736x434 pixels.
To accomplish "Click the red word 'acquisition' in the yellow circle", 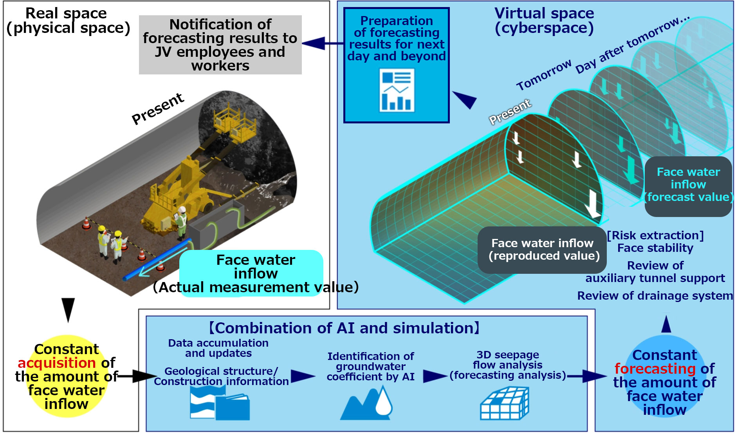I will pos(57,363).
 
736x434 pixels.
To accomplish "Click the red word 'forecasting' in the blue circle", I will pos(655,369).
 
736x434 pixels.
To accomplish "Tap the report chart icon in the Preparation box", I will pos(397,90).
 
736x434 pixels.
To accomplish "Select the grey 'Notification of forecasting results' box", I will pos(220,45).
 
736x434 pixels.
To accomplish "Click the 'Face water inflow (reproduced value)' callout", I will pos(542,250).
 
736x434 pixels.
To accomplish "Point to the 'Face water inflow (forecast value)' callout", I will pos(688,185).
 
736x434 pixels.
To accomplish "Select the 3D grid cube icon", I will pos(504,403).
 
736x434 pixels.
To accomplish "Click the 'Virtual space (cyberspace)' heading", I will pos(544,20).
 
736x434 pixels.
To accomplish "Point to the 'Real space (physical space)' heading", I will pos(67,20).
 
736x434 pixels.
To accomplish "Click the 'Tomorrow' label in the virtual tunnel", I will pos(544,75).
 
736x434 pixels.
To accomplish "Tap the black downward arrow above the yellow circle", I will pos(68,309).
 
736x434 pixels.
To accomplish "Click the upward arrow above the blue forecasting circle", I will pos(666,324).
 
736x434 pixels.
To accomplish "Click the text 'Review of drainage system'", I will pos(655,296).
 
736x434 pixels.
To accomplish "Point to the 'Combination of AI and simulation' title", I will pos(345,328).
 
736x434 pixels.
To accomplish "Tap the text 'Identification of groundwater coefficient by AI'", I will pos(370,367).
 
